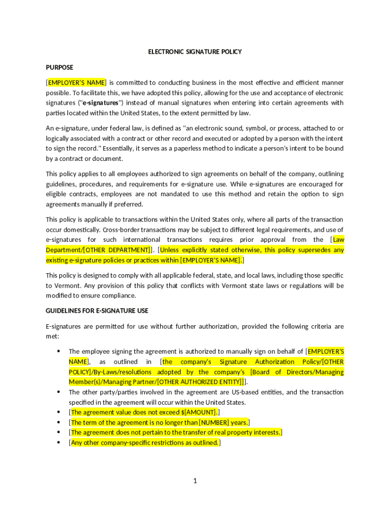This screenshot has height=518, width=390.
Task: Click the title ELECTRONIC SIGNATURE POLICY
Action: pyautogui.click(x=194, y=52)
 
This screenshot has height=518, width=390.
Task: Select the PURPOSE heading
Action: pyautogui.click(x=59, y=67)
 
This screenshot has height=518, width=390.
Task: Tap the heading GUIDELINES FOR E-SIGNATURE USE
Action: pyautogui.click(x=97, y=311)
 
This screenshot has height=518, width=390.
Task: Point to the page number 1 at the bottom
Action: pyautogui.click(x=194, y=481)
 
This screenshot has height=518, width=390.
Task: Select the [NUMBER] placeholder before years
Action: pyautogui.click(x=214, y=422)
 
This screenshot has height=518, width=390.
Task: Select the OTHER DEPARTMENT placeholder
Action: pyautogui.click(x=116, y=250)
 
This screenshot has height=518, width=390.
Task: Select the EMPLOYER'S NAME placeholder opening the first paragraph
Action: pyautogui.click(x=76, y=83)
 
